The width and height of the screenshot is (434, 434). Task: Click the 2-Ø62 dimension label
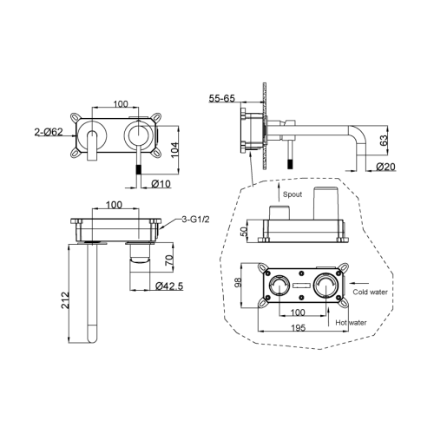coord(49,132)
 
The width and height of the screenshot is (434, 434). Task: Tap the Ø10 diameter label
coord(161,183)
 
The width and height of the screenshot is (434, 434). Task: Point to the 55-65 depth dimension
coord(222,98)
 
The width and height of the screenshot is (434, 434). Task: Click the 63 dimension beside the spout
coord(384,141)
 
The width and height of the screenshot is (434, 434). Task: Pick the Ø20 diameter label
coord(385,167)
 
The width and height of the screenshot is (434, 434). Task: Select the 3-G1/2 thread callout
coord(195,220)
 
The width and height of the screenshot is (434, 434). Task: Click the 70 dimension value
coord(170,260)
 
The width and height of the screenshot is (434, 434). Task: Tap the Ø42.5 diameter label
coord(169,286)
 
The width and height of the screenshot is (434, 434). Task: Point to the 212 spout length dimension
coord(65,300)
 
